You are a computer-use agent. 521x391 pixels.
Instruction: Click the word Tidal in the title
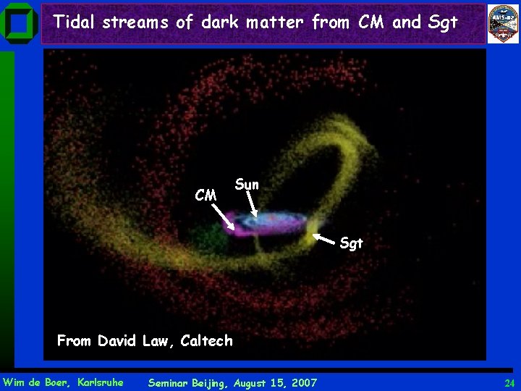click(75, 22)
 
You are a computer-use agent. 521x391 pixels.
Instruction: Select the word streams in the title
click(135, 22)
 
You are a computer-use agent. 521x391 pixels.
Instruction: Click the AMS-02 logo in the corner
click(503, 24)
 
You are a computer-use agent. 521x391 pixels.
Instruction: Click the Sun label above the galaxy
click(247, 185)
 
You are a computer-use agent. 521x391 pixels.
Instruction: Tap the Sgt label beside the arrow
click(351, 243)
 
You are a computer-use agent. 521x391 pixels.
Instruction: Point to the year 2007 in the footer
click(301, 382)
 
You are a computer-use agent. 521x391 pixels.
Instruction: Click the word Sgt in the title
click(443, 22)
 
